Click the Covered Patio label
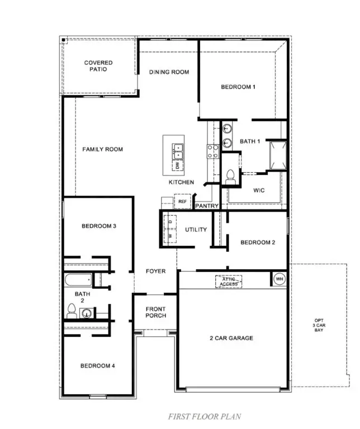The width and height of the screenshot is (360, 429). (98, 66)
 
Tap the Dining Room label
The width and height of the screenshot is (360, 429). (169, 72)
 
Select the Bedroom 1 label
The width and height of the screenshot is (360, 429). (238, 87)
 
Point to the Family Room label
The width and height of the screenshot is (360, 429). (103, 149)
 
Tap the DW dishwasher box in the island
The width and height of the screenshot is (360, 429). (177, 165)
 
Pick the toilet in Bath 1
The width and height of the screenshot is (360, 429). (230, 176)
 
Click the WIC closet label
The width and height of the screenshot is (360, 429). (258, 190)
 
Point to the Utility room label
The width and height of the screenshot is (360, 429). (196, 229)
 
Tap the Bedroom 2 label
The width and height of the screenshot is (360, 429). (258, 242)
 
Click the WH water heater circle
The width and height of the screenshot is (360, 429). (278, 278)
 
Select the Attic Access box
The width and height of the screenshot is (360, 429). (229, 281)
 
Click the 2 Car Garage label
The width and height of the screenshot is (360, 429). (231, 338)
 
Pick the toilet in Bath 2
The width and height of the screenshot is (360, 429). (72, 311)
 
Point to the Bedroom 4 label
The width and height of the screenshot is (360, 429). (98, 366)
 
